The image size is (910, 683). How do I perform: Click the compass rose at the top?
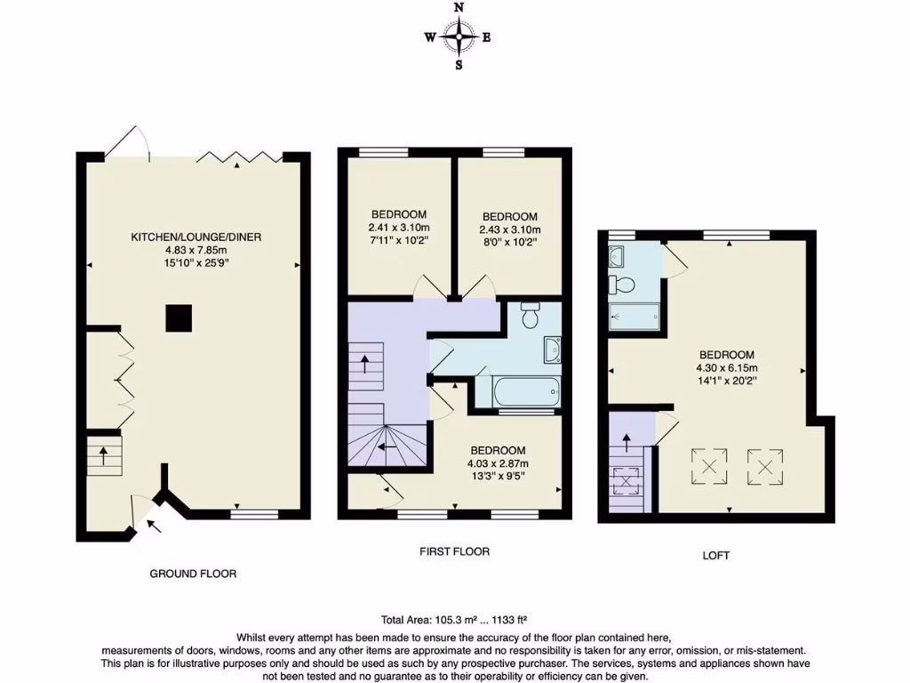pos(459,36)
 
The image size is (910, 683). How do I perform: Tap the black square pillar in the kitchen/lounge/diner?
pos(180,317)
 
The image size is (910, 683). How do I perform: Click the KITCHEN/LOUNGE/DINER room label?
pos(196,237)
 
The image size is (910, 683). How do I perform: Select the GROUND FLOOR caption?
pos(193,574)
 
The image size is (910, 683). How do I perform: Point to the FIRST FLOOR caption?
pos(454,551)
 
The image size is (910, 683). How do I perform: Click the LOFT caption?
pos(715,556)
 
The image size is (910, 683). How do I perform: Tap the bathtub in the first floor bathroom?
pos(516,390)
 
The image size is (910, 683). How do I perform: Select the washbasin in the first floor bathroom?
pos(552,350)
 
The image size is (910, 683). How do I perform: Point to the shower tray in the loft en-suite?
pos(635,316)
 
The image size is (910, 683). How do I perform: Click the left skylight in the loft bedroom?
pos(709,466)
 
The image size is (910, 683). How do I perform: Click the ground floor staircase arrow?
pos(103,456)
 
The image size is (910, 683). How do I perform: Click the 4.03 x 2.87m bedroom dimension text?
pos(498,463)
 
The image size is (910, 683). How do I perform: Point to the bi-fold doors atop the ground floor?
pos(238,158)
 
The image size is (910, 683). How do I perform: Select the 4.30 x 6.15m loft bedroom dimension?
pos(726,367)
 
